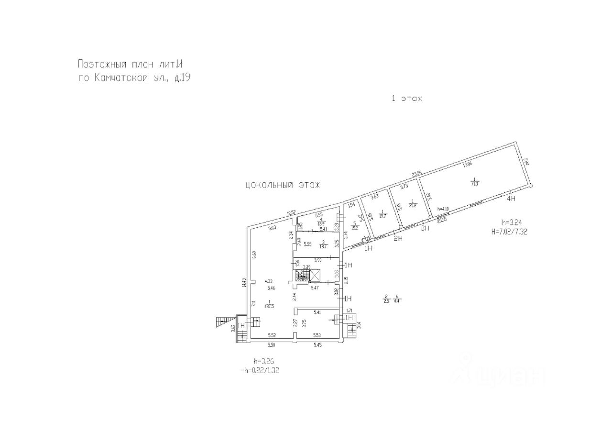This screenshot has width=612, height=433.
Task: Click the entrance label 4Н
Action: [x=511, y=198]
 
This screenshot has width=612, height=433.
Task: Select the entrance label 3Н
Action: [x=425, y=228]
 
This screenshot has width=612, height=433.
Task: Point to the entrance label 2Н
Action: [x=397, y=239]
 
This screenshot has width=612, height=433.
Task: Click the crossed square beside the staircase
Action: [x=315, y=276]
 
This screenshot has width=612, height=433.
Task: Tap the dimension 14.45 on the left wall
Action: [x=244, y=283]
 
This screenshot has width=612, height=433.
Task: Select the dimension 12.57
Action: [x=292, y=212]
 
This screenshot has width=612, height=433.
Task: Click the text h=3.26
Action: [x=264, y=361]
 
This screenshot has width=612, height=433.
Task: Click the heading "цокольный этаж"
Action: [x=282, y=185]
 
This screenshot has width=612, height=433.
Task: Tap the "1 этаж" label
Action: [x=407, y=99]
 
